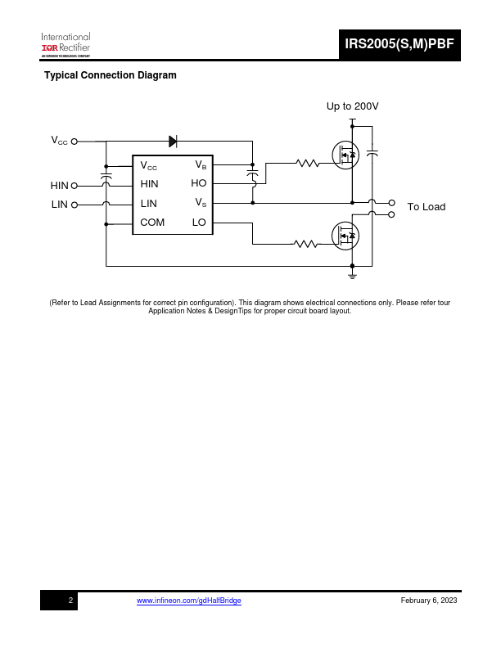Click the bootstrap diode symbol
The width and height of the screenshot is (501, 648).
point(174,142)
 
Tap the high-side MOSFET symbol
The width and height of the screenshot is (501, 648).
point(345,155)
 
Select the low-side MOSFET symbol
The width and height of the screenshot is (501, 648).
point(345,236)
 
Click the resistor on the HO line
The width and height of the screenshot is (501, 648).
point(308,164)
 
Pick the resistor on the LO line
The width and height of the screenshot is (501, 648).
point(306,245)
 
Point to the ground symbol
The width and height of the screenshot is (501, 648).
point(352,276)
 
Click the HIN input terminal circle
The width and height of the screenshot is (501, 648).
point(74,186)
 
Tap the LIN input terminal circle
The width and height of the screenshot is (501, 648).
point(74,205)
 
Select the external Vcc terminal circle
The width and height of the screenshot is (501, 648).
point(74,142)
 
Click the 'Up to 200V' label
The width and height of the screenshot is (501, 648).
point(352,106)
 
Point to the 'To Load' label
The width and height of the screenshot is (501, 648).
point(427,207)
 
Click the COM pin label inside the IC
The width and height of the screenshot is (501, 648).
point(152,223)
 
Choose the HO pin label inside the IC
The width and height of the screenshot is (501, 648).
point(198,183)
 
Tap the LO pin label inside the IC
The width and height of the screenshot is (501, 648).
point(199,223)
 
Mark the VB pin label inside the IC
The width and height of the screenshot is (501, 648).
point(201,165)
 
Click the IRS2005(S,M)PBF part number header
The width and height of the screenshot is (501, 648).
point(399,44)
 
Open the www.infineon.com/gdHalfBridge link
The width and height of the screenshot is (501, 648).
point(189,601)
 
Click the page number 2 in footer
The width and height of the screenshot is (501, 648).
point(70,601)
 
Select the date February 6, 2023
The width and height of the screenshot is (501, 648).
point(429,601)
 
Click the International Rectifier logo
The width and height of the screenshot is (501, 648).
point(65,45)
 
